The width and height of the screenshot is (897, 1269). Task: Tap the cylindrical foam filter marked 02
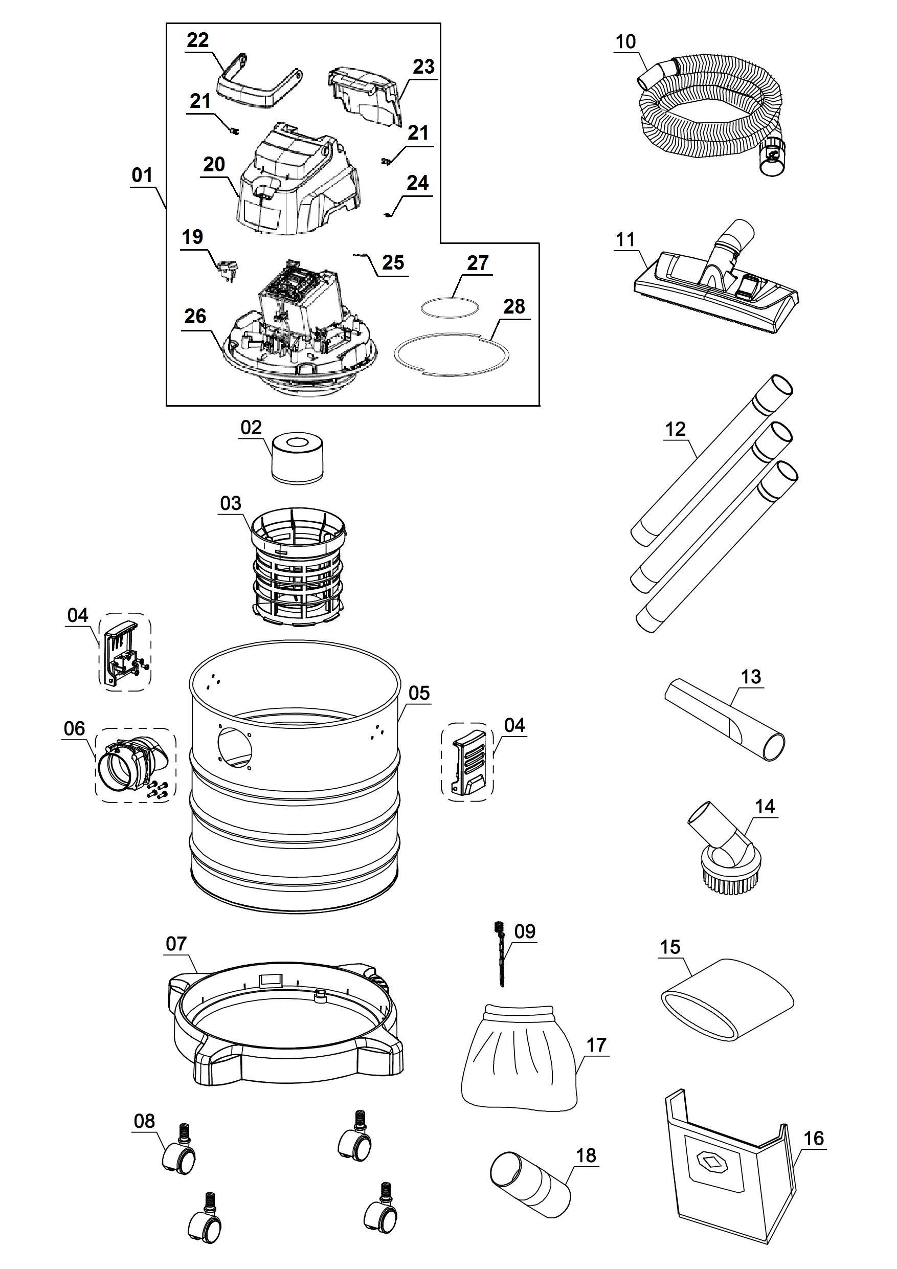click(x=298, y=459)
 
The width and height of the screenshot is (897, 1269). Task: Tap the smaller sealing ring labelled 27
click(x=450, y=307)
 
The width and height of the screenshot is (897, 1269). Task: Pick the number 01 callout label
click(x=142, y=176)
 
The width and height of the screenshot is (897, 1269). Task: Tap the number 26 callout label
click(x=195, y=317)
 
